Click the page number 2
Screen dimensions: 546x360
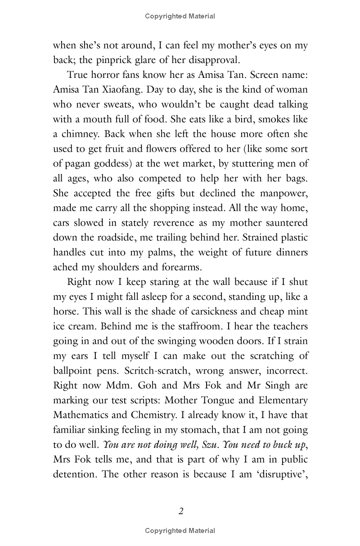click(180, 511)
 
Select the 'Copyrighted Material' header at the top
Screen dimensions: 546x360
click(180, 16)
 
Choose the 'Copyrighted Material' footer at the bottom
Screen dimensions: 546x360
click(180, 531)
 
